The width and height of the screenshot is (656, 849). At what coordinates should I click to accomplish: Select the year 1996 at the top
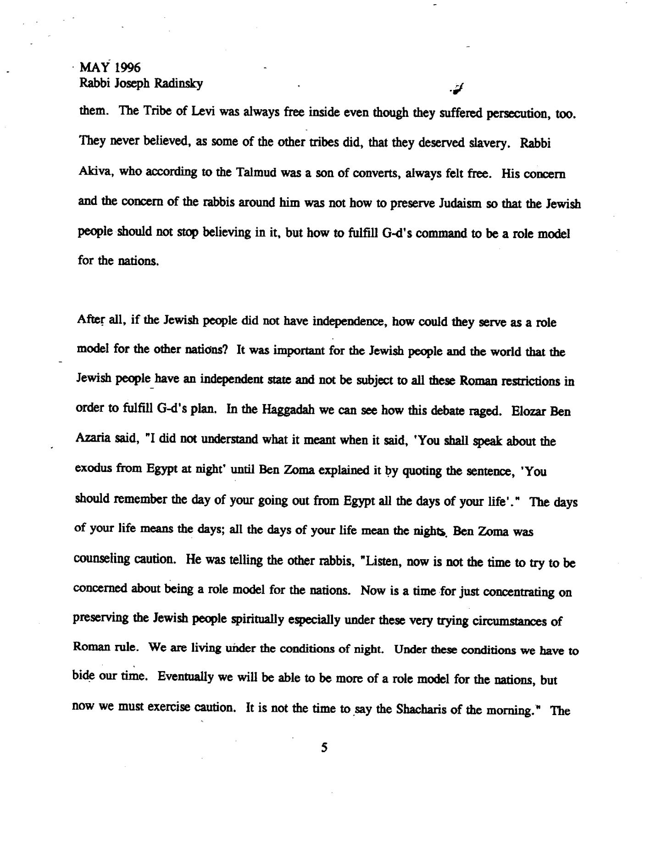tap(128, 67)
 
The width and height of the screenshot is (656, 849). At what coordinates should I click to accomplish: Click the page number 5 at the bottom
tap(324, 748)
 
